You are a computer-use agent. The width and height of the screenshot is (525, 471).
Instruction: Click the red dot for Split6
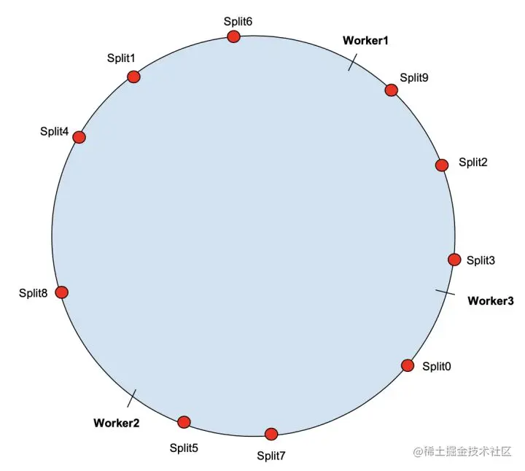[233, 36]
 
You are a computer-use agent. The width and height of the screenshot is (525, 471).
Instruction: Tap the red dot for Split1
[133, 77]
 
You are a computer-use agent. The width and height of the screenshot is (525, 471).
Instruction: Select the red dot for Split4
[79, 137]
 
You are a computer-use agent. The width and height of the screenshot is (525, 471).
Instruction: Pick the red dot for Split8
[61, 292]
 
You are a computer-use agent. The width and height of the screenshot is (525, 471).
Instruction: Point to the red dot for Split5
[184, 421]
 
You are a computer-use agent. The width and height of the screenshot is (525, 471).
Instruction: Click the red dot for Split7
[271, 434]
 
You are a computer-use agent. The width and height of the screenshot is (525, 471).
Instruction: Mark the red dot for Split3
[454, 260]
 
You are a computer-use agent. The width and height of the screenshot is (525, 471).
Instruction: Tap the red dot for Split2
[441, 165]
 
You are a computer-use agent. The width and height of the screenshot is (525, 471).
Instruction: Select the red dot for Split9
[391, 90]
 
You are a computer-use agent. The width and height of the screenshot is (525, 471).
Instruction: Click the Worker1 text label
[365, 41]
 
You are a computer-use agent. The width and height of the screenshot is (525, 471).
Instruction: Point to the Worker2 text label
[116, 423]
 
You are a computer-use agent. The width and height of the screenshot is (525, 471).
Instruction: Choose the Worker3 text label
[490, 300]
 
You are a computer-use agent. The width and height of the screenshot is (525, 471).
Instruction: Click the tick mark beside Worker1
[351, 64]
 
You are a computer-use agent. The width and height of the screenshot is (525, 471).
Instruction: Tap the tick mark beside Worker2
[132, 398]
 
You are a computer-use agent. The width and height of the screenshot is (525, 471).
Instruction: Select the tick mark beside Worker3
[446, 292]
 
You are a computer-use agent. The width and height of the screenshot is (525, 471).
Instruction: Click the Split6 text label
[238, 21]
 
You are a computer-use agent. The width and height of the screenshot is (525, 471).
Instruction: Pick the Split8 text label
[34, 293]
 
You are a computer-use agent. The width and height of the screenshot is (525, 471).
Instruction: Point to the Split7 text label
[271, 456]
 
